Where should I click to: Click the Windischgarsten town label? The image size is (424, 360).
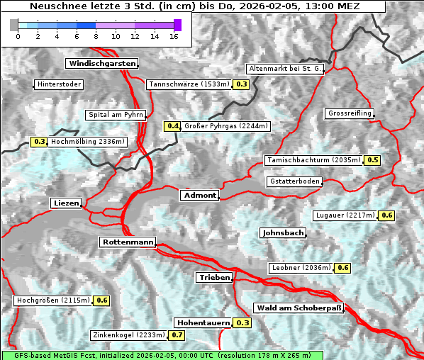[x=101, y=64]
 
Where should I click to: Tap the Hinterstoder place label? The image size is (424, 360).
[x=59, y=84]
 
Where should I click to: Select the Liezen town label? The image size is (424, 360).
[x=66, y=203]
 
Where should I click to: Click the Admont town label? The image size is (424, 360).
[x=199, y=195]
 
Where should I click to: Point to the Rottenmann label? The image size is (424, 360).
[x=128, y=242]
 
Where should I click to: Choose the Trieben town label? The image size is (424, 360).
[x=214, y=278]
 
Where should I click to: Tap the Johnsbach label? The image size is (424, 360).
[x=283, y=232]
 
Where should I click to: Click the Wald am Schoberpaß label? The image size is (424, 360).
[x=299, y=308]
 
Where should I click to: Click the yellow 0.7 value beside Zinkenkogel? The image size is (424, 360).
[x=177, y=334]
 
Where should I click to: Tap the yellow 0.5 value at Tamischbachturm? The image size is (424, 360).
[x=372, y=160]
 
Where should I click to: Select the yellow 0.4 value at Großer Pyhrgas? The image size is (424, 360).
[x=172, y=126]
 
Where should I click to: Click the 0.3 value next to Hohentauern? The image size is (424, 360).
[x=242, y=322]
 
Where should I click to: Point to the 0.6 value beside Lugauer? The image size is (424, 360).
[x=386, y=215]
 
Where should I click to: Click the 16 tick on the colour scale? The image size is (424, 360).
[x=174, y=36]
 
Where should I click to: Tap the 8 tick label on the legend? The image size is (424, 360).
[x=96, y=36]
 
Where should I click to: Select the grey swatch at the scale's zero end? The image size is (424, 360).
[x=14, y=25]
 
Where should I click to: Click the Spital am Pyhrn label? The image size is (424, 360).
[x=116, y=114]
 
